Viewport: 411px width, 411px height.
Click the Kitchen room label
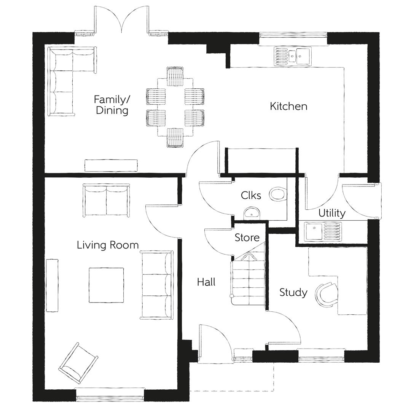pyautogui.click(x=288, y=106)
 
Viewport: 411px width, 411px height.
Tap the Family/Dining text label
pyautogui.click(x=112, y=105)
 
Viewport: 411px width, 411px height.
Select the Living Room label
pyautogui.click(x=108, y=245)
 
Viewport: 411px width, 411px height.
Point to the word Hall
pyautogui.click(x=206, y=282)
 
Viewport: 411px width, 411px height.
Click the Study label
pyautogui.click(x=293, y=292)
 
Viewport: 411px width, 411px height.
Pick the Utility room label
pyautogui.click(x=332, y=213)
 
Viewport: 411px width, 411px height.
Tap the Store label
pyautogui.click(x=247, y=238)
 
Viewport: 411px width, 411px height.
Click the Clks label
pyautogui.click(x=251, y=195)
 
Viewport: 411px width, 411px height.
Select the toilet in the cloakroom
pyautogui.click(x=277, y=194)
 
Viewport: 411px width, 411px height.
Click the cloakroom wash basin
pyautogui.click(x=251, y=213)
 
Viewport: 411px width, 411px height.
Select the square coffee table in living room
pyautogui.click(x=107, y=285)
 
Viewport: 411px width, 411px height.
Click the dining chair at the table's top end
pyautogui.click(x=175, y=76)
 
